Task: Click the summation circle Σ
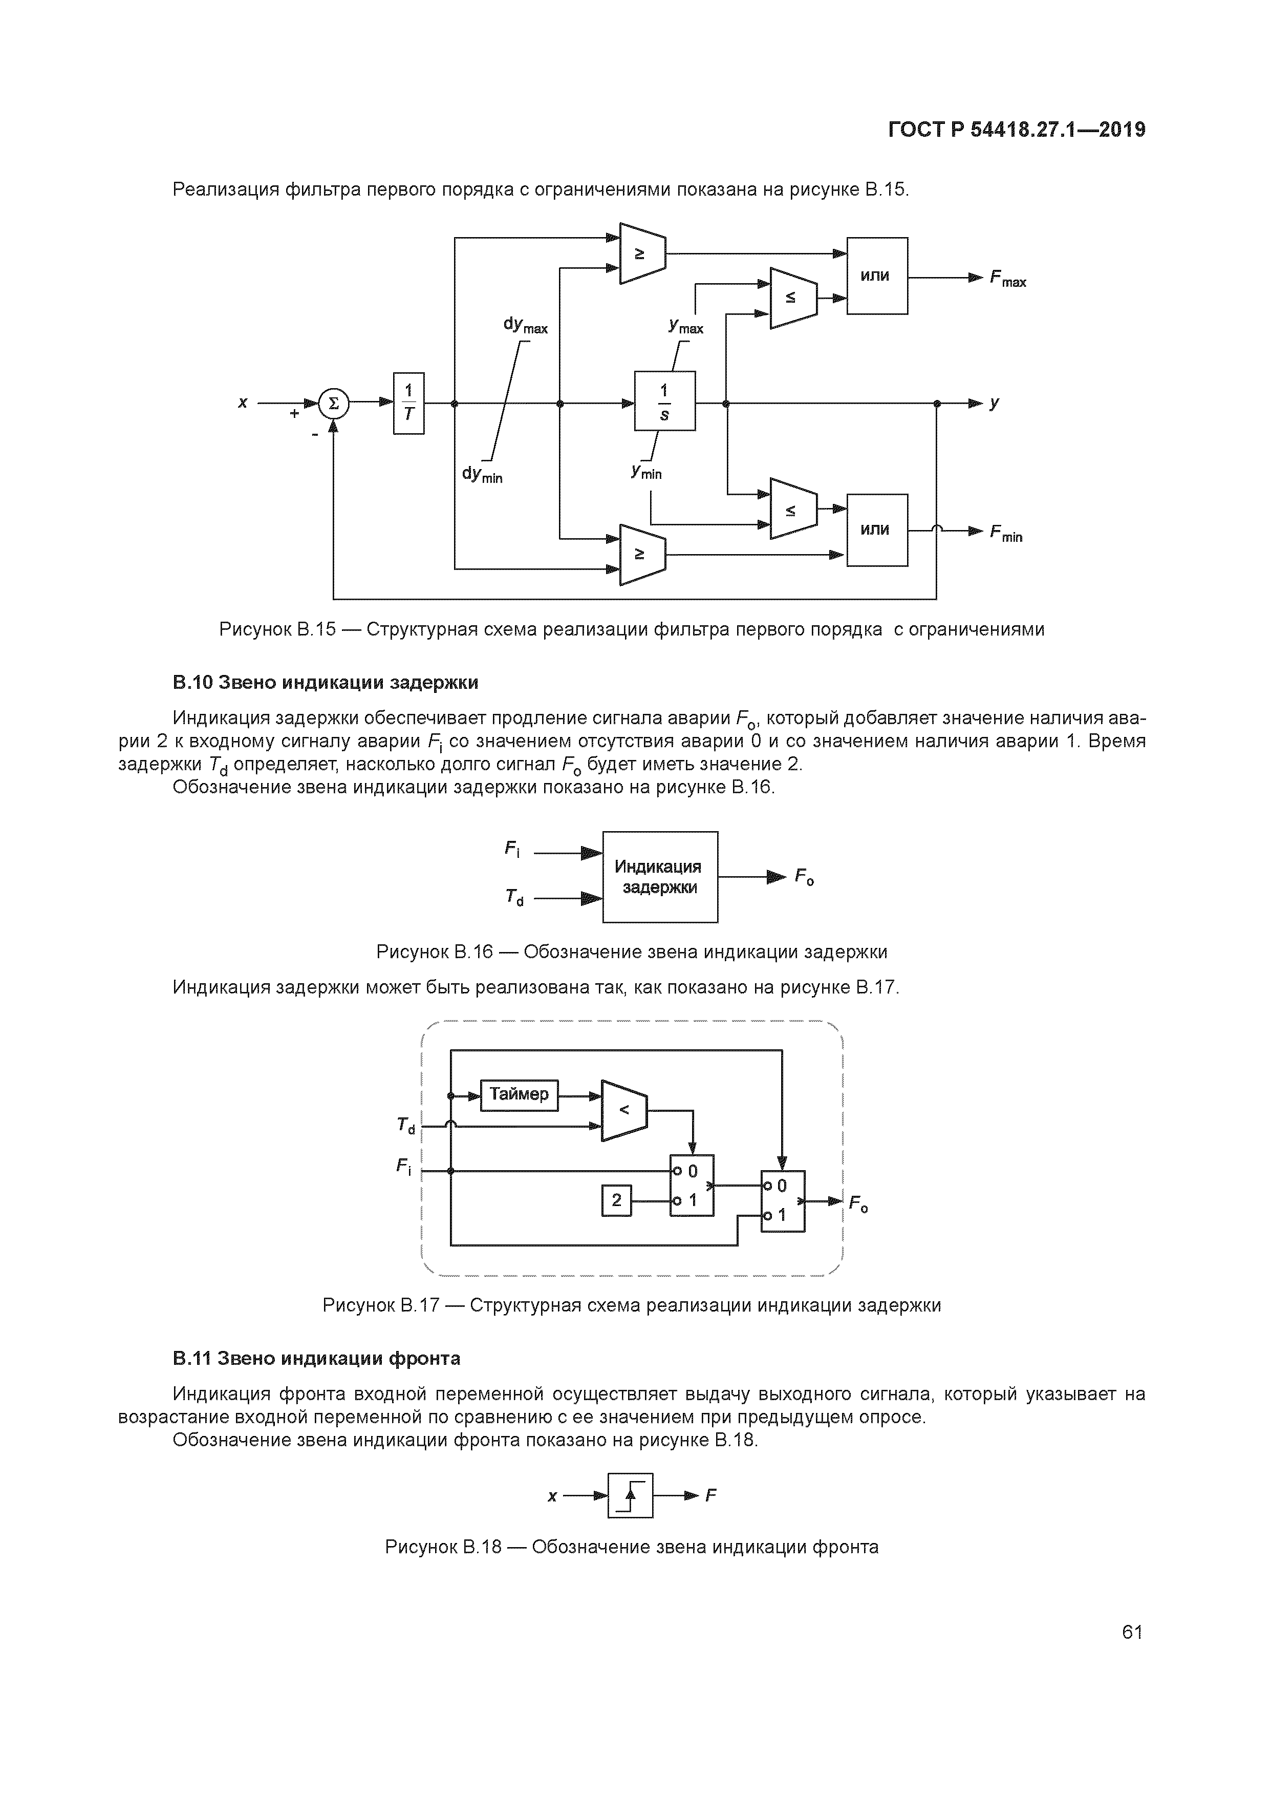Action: click(334, 404)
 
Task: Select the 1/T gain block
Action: click(408, 404)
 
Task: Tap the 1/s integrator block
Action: click(664, 402)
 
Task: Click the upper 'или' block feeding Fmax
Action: click(877, 276)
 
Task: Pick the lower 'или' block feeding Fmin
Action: click(877, 530)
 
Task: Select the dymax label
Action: click(525, 325)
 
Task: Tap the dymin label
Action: click(482, 474)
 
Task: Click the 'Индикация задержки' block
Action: click(659, 877)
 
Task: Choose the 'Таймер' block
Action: click(519, 1093)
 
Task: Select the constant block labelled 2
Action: click(616, 1200)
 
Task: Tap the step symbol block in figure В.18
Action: click(630, 1495)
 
